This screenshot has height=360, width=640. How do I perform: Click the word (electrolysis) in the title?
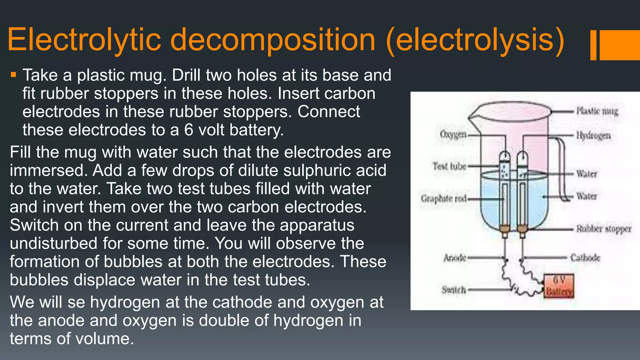pyautogui.click(x=475, y=40)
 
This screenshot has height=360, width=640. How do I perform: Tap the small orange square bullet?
pyautogui.click(x=13, y=75)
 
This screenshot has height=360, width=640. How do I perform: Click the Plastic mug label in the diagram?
pyautogui.click(x=597, y=111)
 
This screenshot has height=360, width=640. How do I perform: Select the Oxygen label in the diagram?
pyautogui.click(x=453, y=134)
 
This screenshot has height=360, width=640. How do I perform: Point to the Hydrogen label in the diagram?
pyautogui.click(x=593, y=136)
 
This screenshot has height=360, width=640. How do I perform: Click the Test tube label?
pyautogui.click(x=449, y=166)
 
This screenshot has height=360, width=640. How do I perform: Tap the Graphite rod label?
pyautogui.click(x=444, y=198)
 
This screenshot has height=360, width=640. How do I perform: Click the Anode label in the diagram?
pyautogui.click(x=455, y=258)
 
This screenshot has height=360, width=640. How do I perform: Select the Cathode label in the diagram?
pyautogui.click(x=585, y=258)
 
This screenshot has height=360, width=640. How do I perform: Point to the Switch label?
pyautogui.click(x=453, y=290)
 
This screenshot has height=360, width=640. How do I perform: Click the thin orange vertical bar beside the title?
pyautogui.click(x=593, y=45)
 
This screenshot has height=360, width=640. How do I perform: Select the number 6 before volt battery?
pyautogui.click(x=189, y=130)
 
